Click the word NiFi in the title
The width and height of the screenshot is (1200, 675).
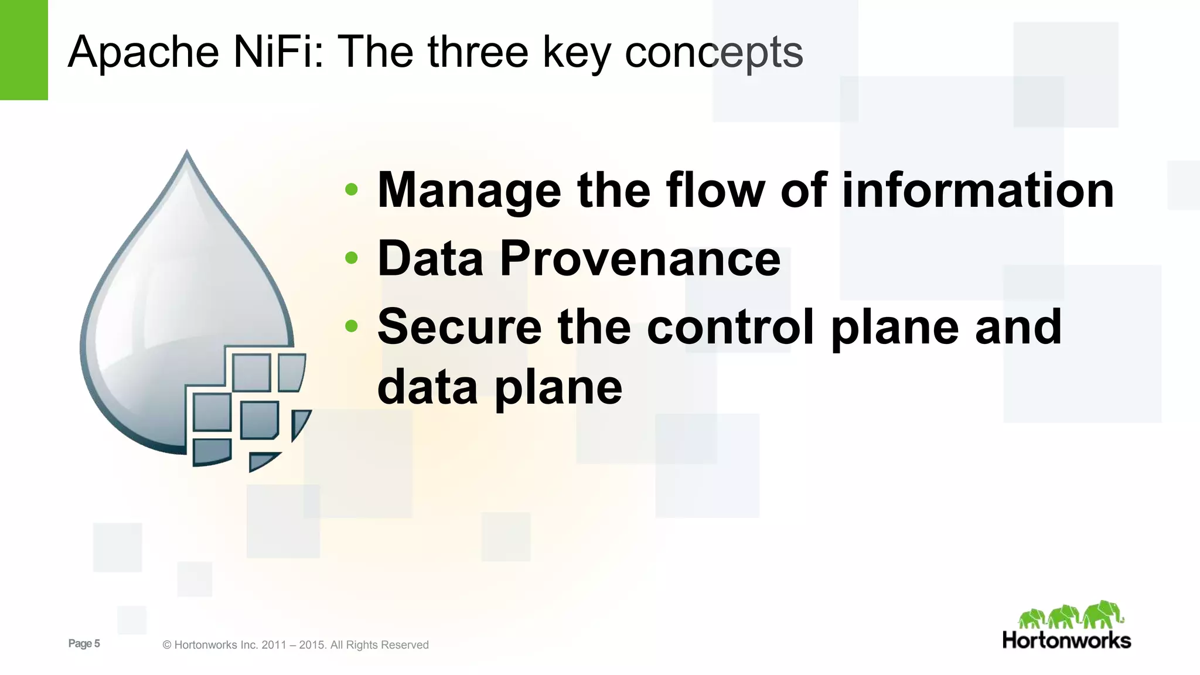click(278, 52)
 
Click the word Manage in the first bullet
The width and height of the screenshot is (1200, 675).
click(469, 191)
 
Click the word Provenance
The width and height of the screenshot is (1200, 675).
click(640, 258)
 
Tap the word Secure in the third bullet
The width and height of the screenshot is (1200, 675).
click(459, 327)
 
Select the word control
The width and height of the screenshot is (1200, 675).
click(731, 327)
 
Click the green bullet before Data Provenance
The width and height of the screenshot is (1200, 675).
click(352, 258)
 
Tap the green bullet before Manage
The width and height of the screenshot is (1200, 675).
click(352, 189)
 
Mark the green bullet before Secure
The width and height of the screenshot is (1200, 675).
click(352, 326)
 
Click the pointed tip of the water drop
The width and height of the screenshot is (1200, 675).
click(187, 153)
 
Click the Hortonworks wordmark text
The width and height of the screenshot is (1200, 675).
click(1066, 640)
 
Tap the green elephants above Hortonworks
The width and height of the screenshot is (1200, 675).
click(1070, 616)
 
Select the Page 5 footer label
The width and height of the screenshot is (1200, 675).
click(84, 643)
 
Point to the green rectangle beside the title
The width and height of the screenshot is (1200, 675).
click(23, 50)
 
